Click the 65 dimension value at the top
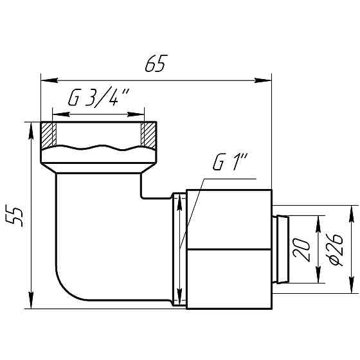(156, 64)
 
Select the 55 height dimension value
(14, 217)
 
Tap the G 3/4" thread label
(99, 96)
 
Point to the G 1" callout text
(230, 161)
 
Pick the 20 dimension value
(301, 250)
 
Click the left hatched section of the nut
(48, 136)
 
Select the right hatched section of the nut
(148, 136)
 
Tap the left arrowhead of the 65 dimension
(49, 80)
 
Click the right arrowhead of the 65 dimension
(263, 80)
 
